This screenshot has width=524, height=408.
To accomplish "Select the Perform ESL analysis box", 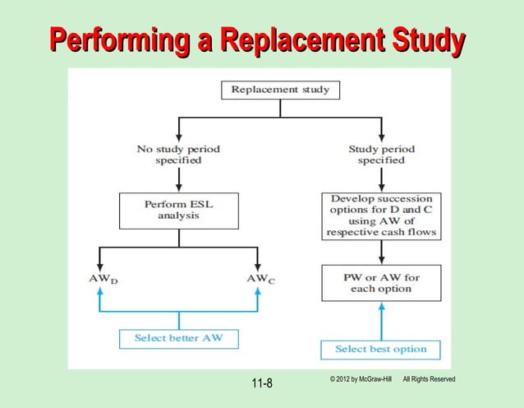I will [177, 211].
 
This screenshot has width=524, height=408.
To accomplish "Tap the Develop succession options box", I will [382, 216].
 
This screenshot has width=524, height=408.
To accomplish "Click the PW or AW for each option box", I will [382, 283].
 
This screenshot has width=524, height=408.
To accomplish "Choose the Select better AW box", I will [177, 338].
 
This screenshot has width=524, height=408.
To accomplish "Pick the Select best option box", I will [381, 350].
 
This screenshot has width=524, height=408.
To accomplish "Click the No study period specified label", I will [177, 155].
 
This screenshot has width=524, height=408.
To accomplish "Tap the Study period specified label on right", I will [382, 155].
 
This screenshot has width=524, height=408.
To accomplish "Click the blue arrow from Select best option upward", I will [381, 321].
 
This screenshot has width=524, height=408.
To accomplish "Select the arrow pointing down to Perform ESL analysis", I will [177, 185].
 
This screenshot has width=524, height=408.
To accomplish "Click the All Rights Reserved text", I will [429, 378].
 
